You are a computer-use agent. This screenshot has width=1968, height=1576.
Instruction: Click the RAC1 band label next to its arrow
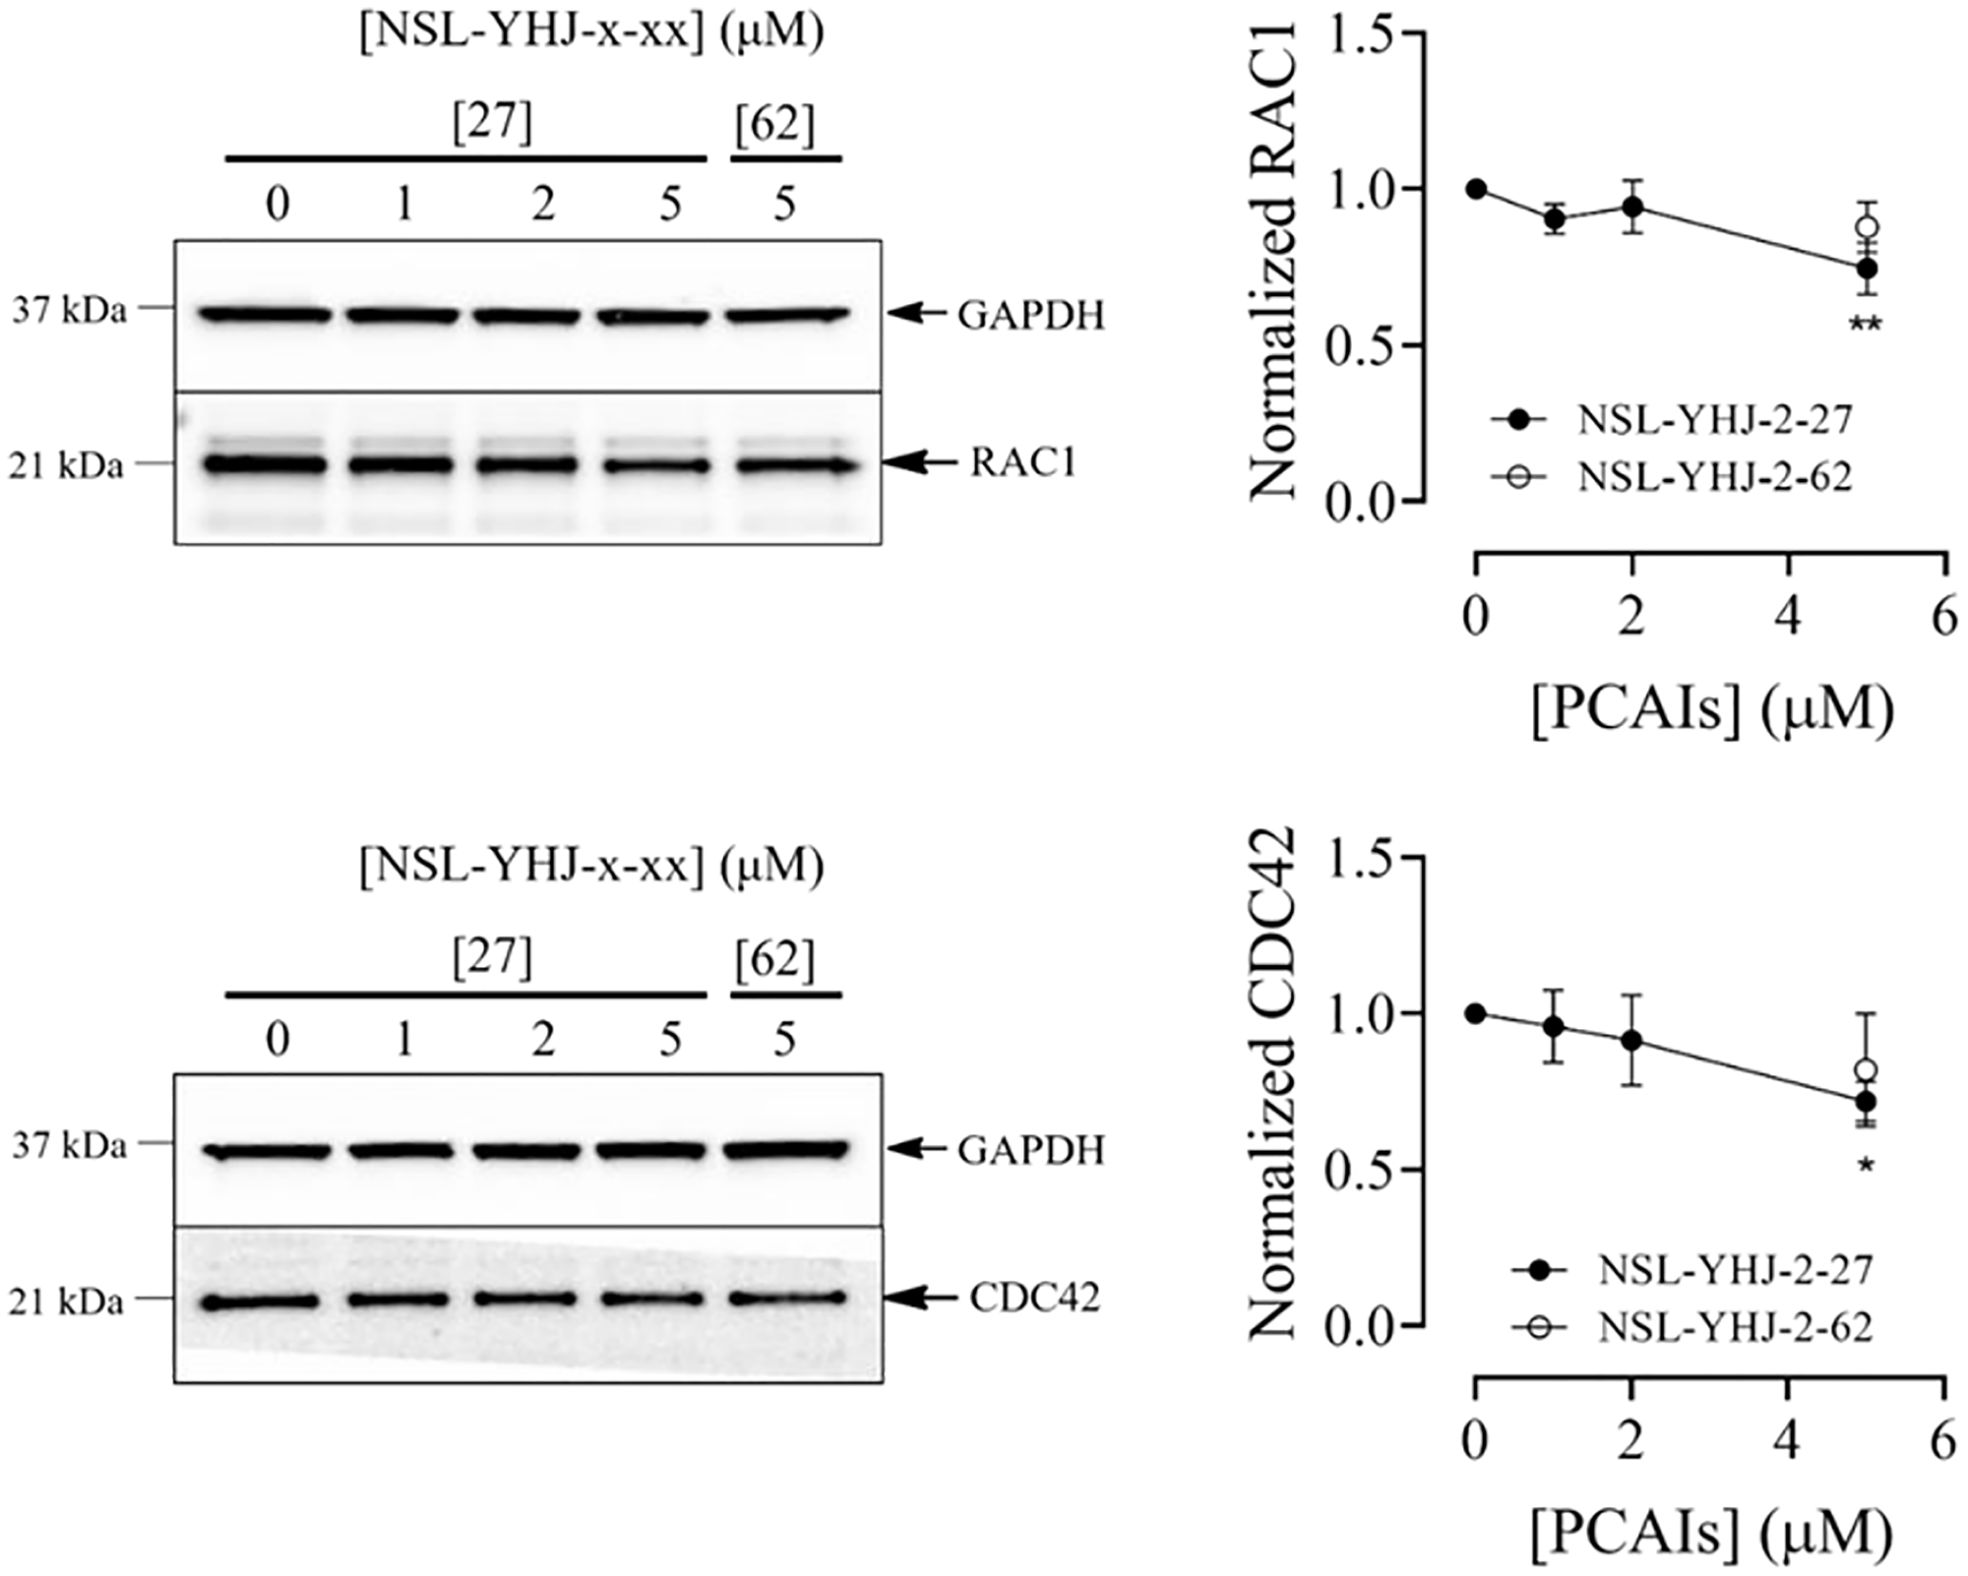(1023, 461)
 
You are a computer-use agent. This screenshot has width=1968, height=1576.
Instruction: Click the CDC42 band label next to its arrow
(1034, 1299)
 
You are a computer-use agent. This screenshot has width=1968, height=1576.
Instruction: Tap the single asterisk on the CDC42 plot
(1866, 1167)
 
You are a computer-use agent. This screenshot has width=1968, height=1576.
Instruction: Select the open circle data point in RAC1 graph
(1867, 227)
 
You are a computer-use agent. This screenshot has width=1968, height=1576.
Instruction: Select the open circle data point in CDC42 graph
(1867, 1070)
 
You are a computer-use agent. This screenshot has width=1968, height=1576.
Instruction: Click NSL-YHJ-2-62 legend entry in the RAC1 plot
(1714, 477)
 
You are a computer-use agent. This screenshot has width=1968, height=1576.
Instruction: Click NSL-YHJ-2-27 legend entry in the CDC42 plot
(1734, 1270)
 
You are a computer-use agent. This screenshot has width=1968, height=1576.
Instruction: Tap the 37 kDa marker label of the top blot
(69, 311)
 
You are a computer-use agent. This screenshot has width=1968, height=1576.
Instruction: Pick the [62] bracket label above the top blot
(775, 126)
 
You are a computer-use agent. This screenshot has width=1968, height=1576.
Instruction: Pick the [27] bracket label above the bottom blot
(492, 957)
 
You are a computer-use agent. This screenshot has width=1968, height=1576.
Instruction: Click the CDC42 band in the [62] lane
(787, 1298)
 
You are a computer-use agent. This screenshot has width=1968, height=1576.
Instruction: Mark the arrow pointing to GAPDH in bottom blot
(917, 1148)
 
